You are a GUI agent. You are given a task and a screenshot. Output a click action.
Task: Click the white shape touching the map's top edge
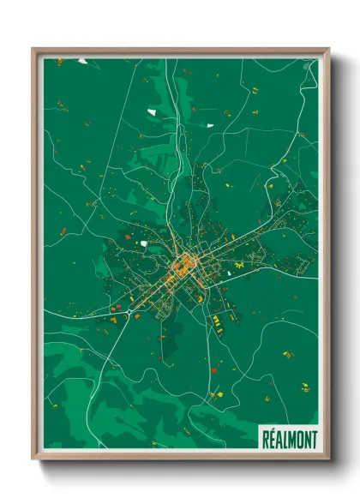coord(82,61)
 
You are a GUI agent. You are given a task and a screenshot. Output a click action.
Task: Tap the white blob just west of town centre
coord(144,243)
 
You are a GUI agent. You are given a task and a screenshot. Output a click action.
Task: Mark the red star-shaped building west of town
coord(128,236)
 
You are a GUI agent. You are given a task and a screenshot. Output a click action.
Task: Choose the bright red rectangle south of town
coord(212,369)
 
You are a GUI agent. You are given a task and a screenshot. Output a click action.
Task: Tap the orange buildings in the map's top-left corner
coord(59,62)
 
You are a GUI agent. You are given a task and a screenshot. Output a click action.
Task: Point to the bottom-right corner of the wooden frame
coord(328,459)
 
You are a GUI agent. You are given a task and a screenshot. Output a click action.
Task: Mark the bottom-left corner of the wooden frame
coord(33,459)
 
